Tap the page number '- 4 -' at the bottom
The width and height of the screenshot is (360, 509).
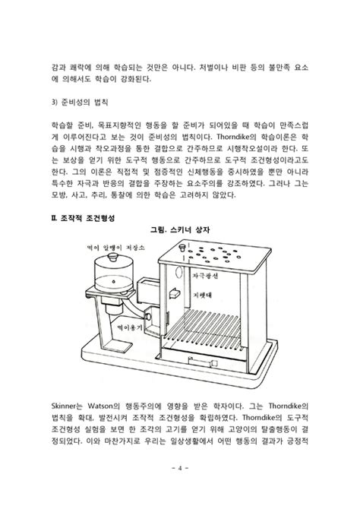(181, 488)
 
